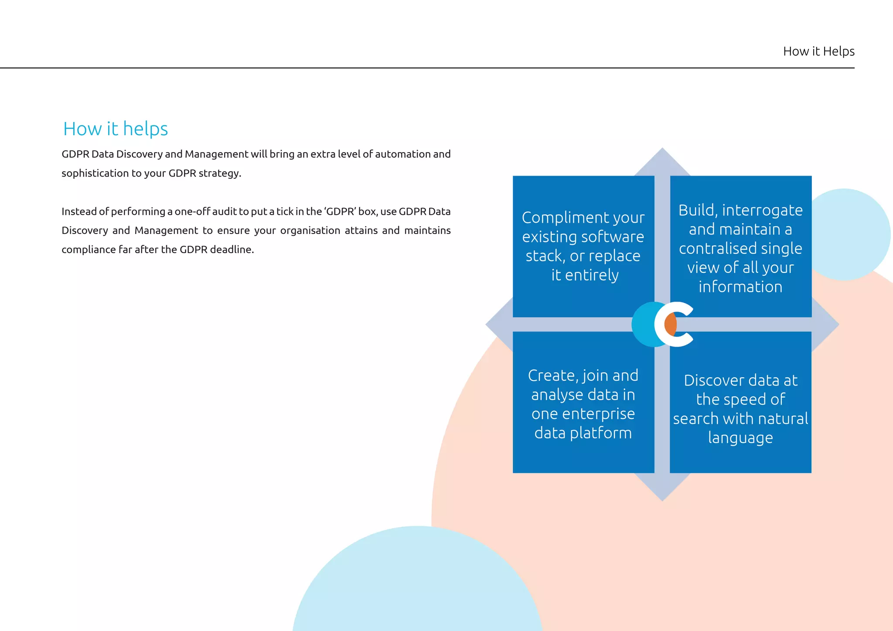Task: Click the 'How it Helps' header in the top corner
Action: point(818,51)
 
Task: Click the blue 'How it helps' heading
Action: point(116,129)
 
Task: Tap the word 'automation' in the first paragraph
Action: point(402,154)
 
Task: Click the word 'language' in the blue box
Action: point(740,438)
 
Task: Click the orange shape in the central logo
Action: point(670,324)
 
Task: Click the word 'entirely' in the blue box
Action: point(592,275)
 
